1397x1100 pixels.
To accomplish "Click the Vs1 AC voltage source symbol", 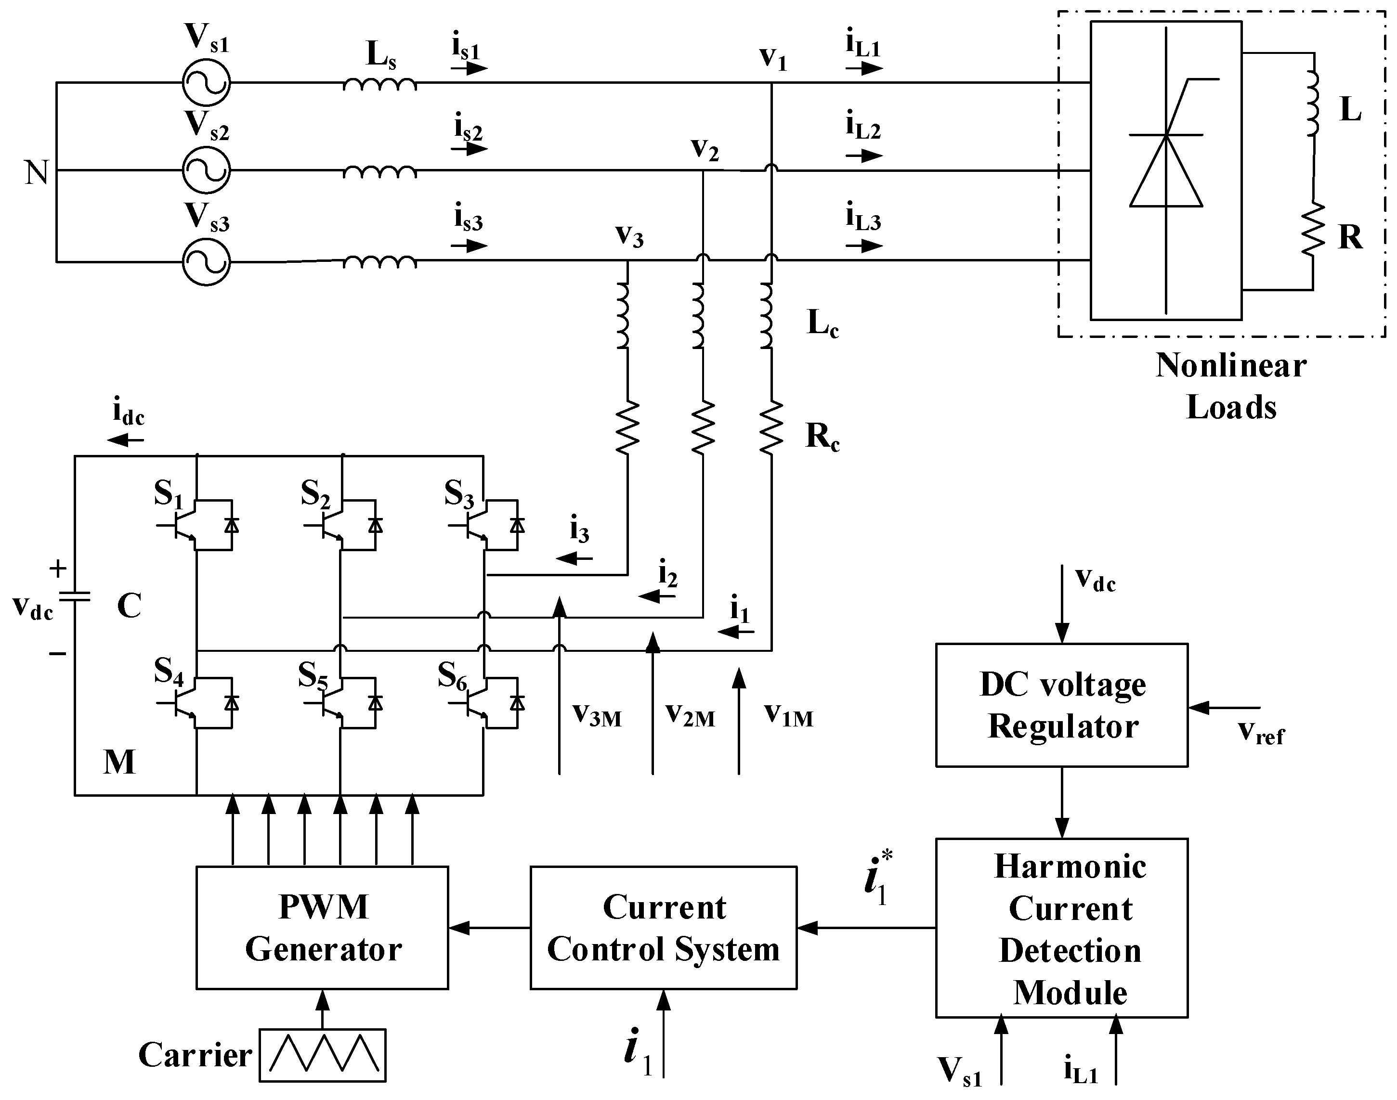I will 206,82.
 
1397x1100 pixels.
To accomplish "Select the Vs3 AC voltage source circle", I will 206,262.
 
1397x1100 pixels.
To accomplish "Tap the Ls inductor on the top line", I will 379,84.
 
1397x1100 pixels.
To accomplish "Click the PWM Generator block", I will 322,927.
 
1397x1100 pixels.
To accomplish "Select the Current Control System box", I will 664,927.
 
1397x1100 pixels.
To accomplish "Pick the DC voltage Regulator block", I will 1061,705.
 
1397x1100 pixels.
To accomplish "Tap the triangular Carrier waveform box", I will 323,1055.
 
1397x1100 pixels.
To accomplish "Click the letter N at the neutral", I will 37,173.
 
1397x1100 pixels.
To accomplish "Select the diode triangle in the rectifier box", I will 1166,173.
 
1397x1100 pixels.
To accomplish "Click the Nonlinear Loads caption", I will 1231,387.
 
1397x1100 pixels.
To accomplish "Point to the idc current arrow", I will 126,440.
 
